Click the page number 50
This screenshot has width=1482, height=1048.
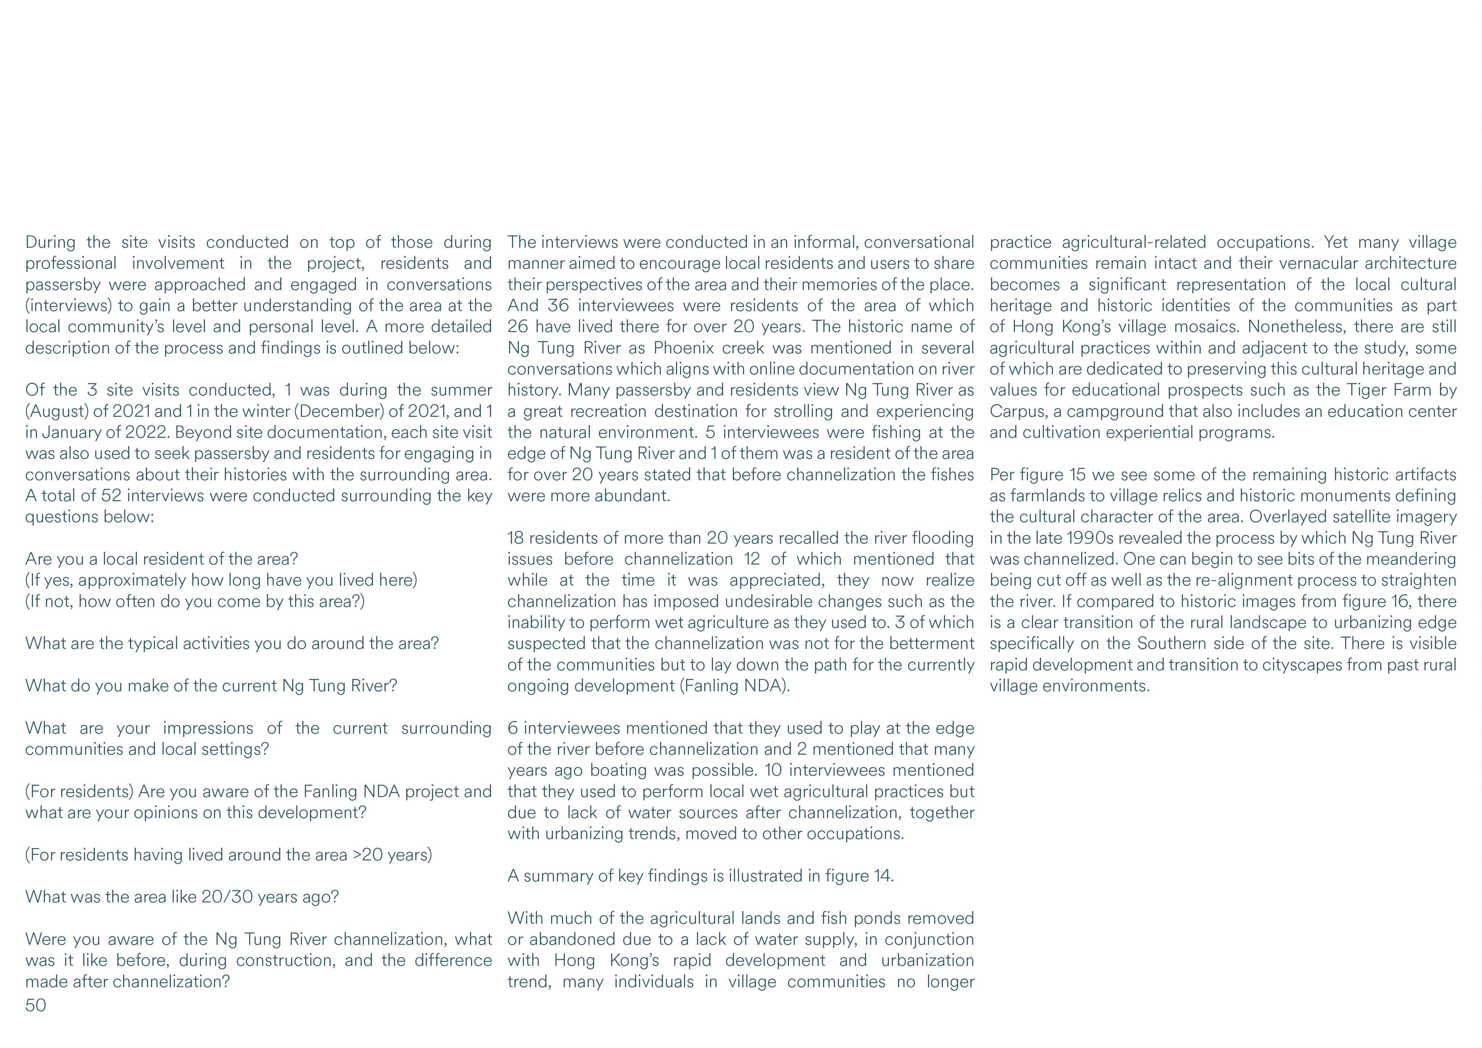pos(35,1005)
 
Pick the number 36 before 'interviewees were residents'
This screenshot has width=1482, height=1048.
pos(558,305)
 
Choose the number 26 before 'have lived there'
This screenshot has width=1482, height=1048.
pos(518,327)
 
